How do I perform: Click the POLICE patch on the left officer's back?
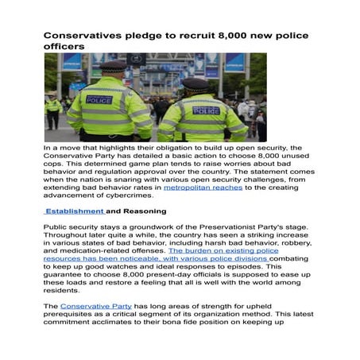[99, 101]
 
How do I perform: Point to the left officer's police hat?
[113, 67]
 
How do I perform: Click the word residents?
[64, 292]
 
